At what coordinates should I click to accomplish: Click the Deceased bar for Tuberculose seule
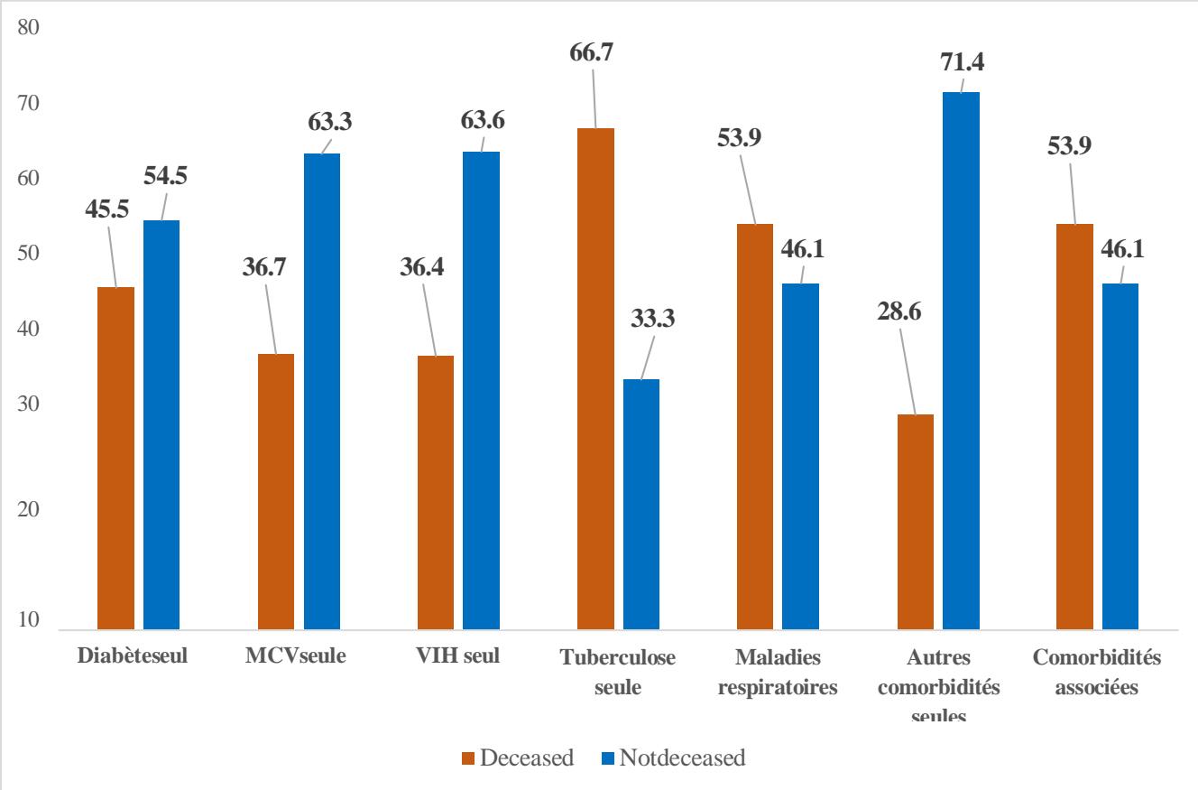pos(595,378)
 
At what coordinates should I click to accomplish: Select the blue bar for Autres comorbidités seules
pos(961,360)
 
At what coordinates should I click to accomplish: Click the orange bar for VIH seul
pos(436,492)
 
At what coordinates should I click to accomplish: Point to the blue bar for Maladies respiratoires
pos(800,456)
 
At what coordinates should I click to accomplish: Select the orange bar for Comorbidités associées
pos(1074,426)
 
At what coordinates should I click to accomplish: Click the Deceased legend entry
pos(518,758)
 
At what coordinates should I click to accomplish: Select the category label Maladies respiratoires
pos(778,672)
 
